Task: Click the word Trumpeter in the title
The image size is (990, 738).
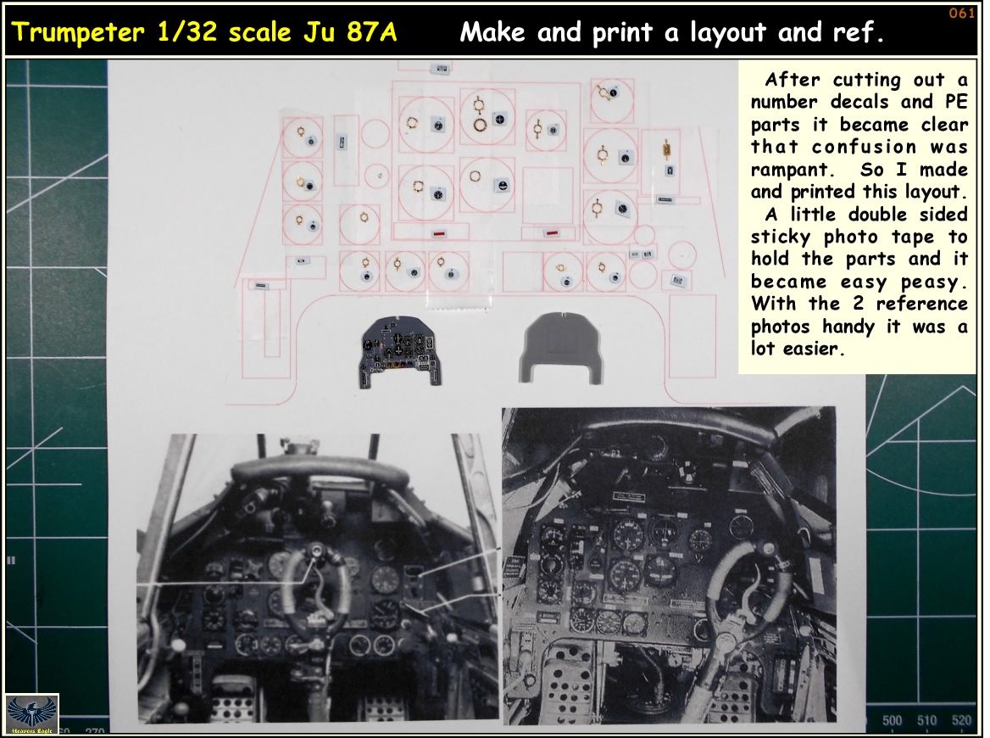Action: [x=78, y=32]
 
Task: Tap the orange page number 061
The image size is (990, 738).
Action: [x=961, y=14]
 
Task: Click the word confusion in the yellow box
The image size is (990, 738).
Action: [x=864, y=147]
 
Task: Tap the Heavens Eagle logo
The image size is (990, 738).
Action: [x=31, y=714]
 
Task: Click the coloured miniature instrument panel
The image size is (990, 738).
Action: [x=400, y=350]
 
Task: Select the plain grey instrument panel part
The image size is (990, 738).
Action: [x=561, y=348]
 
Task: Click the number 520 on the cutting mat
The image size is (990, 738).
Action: [x=961, y=720]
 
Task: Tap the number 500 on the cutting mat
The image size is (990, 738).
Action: [x=892, y=720]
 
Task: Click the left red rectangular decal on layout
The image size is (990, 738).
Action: [x=440, y=234]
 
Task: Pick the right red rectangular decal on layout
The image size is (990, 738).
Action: [x=551, y=233]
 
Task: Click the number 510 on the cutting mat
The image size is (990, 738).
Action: [x=927, y=720]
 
